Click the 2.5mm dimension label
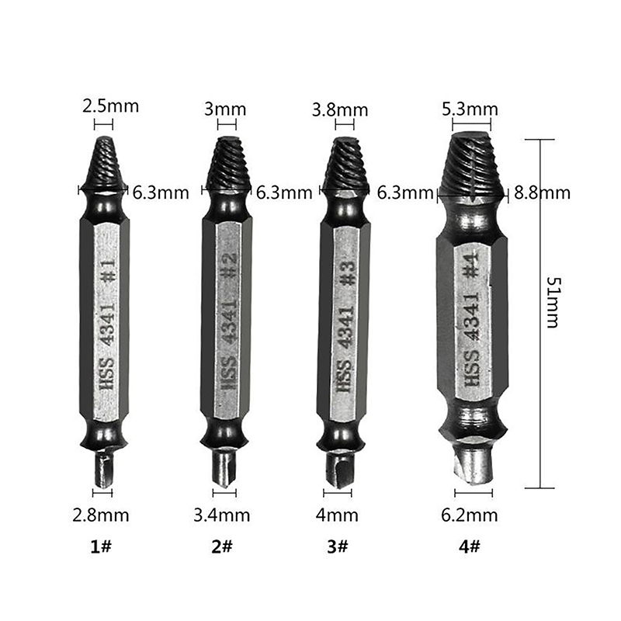coord(110,106)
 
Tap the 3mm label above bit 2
coord(225,109)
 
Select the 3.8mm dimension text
coord(340,109)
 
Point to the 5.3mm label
coord(470,109)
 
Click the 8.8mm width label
coord(542,193)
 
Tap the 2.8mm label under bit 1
coord(101,515)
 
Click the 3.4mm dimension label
coord(222,515)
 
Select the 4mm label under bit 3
coord(337,515)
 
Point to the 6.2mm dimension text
coord(470,515)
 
